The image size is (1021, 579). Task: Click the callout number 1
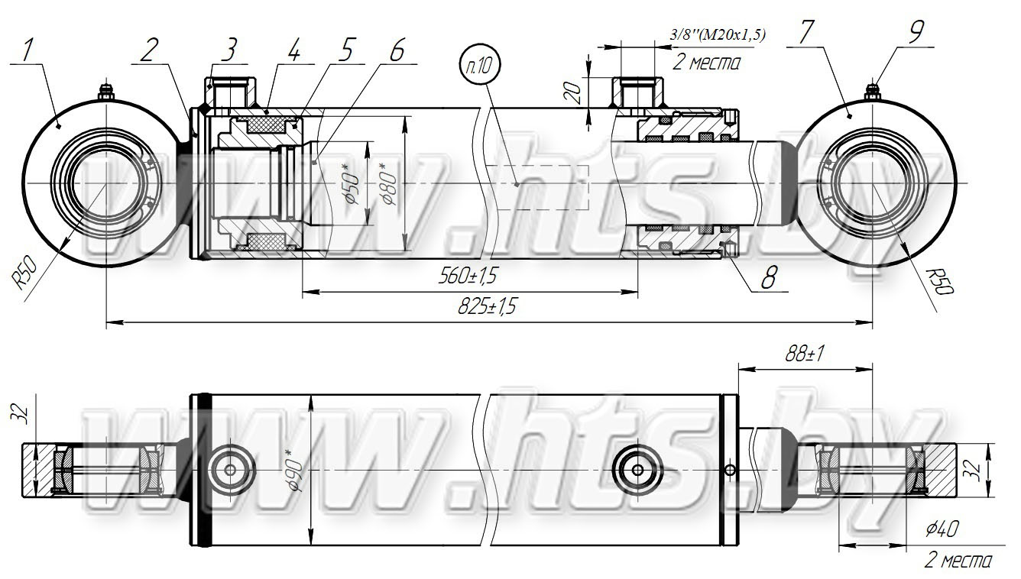coord(28,51)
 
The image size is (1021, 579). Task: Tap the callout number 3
coord(229,50)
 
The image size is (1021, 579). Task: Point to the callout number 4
coord(294,50)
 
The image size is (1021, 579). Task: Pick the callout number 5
coord(346,50)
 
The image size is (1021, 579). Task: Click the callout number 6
coord(397,50)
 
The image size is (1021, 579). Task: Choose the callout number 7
coord(805,33)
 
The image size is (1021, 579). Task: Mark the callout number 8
coord(769,277)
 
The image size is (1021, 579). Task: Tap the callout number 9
coord(916,33)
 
